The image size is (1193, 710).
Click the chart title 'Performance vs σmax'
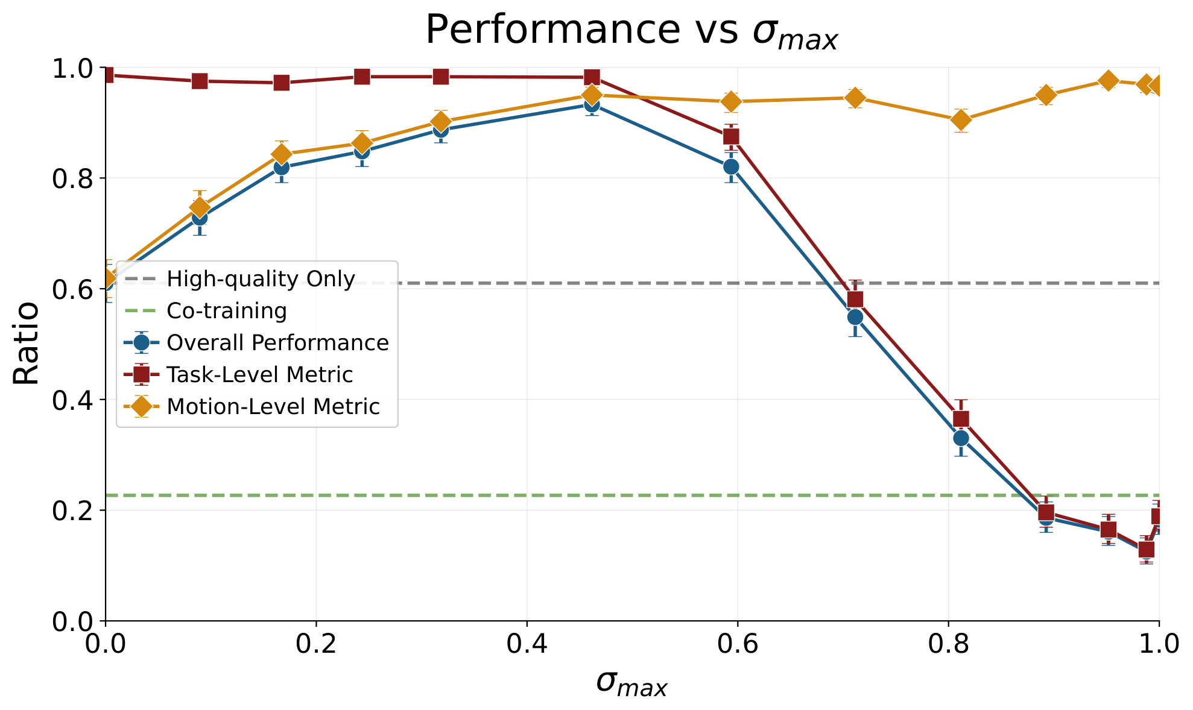click(x=631, y=30)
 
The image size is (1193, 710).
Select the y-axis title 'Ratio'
click(x=27, y=344)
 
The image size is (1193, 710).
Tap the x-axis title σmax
click(x=631, y=683)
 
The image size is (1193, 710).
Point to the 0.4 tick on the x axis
click(x=527, y=644)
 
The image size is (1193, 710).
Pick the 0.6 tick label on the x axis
click(x=737, y=644)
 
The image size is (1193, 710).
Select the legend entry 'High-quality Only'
click(x=261, y=279)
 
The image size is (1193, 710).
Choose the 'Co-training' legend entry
click(x=227, y=311)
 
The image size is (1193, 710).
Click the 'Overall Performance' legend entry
click(x=277, y=343)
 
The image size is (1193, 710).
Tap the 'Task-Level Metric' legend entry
click(x=259, y=375)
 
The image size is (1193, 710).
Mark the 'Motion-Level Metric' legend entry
click(x=273, y=407)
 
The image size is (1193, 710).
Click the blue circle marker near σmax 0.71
click(x=855, y=317)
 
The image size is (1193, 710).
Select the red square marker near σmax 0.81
click(x=961, y=418)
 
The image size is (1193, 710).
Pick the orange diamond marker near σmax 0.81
click(x=961, y=121)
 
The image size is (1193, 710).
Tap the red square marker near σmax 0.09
click(x=200, y=81)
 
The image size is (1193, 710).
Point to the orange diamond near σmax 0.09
click(x=200, y=207)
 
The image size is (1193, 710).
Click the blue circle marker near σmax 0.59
click(x=731, y=166)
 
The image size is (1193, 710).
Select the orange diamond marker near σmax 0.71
click(x=855, y=98)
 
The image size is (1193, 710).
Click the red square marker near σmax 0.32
click(x=441, y=77)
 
